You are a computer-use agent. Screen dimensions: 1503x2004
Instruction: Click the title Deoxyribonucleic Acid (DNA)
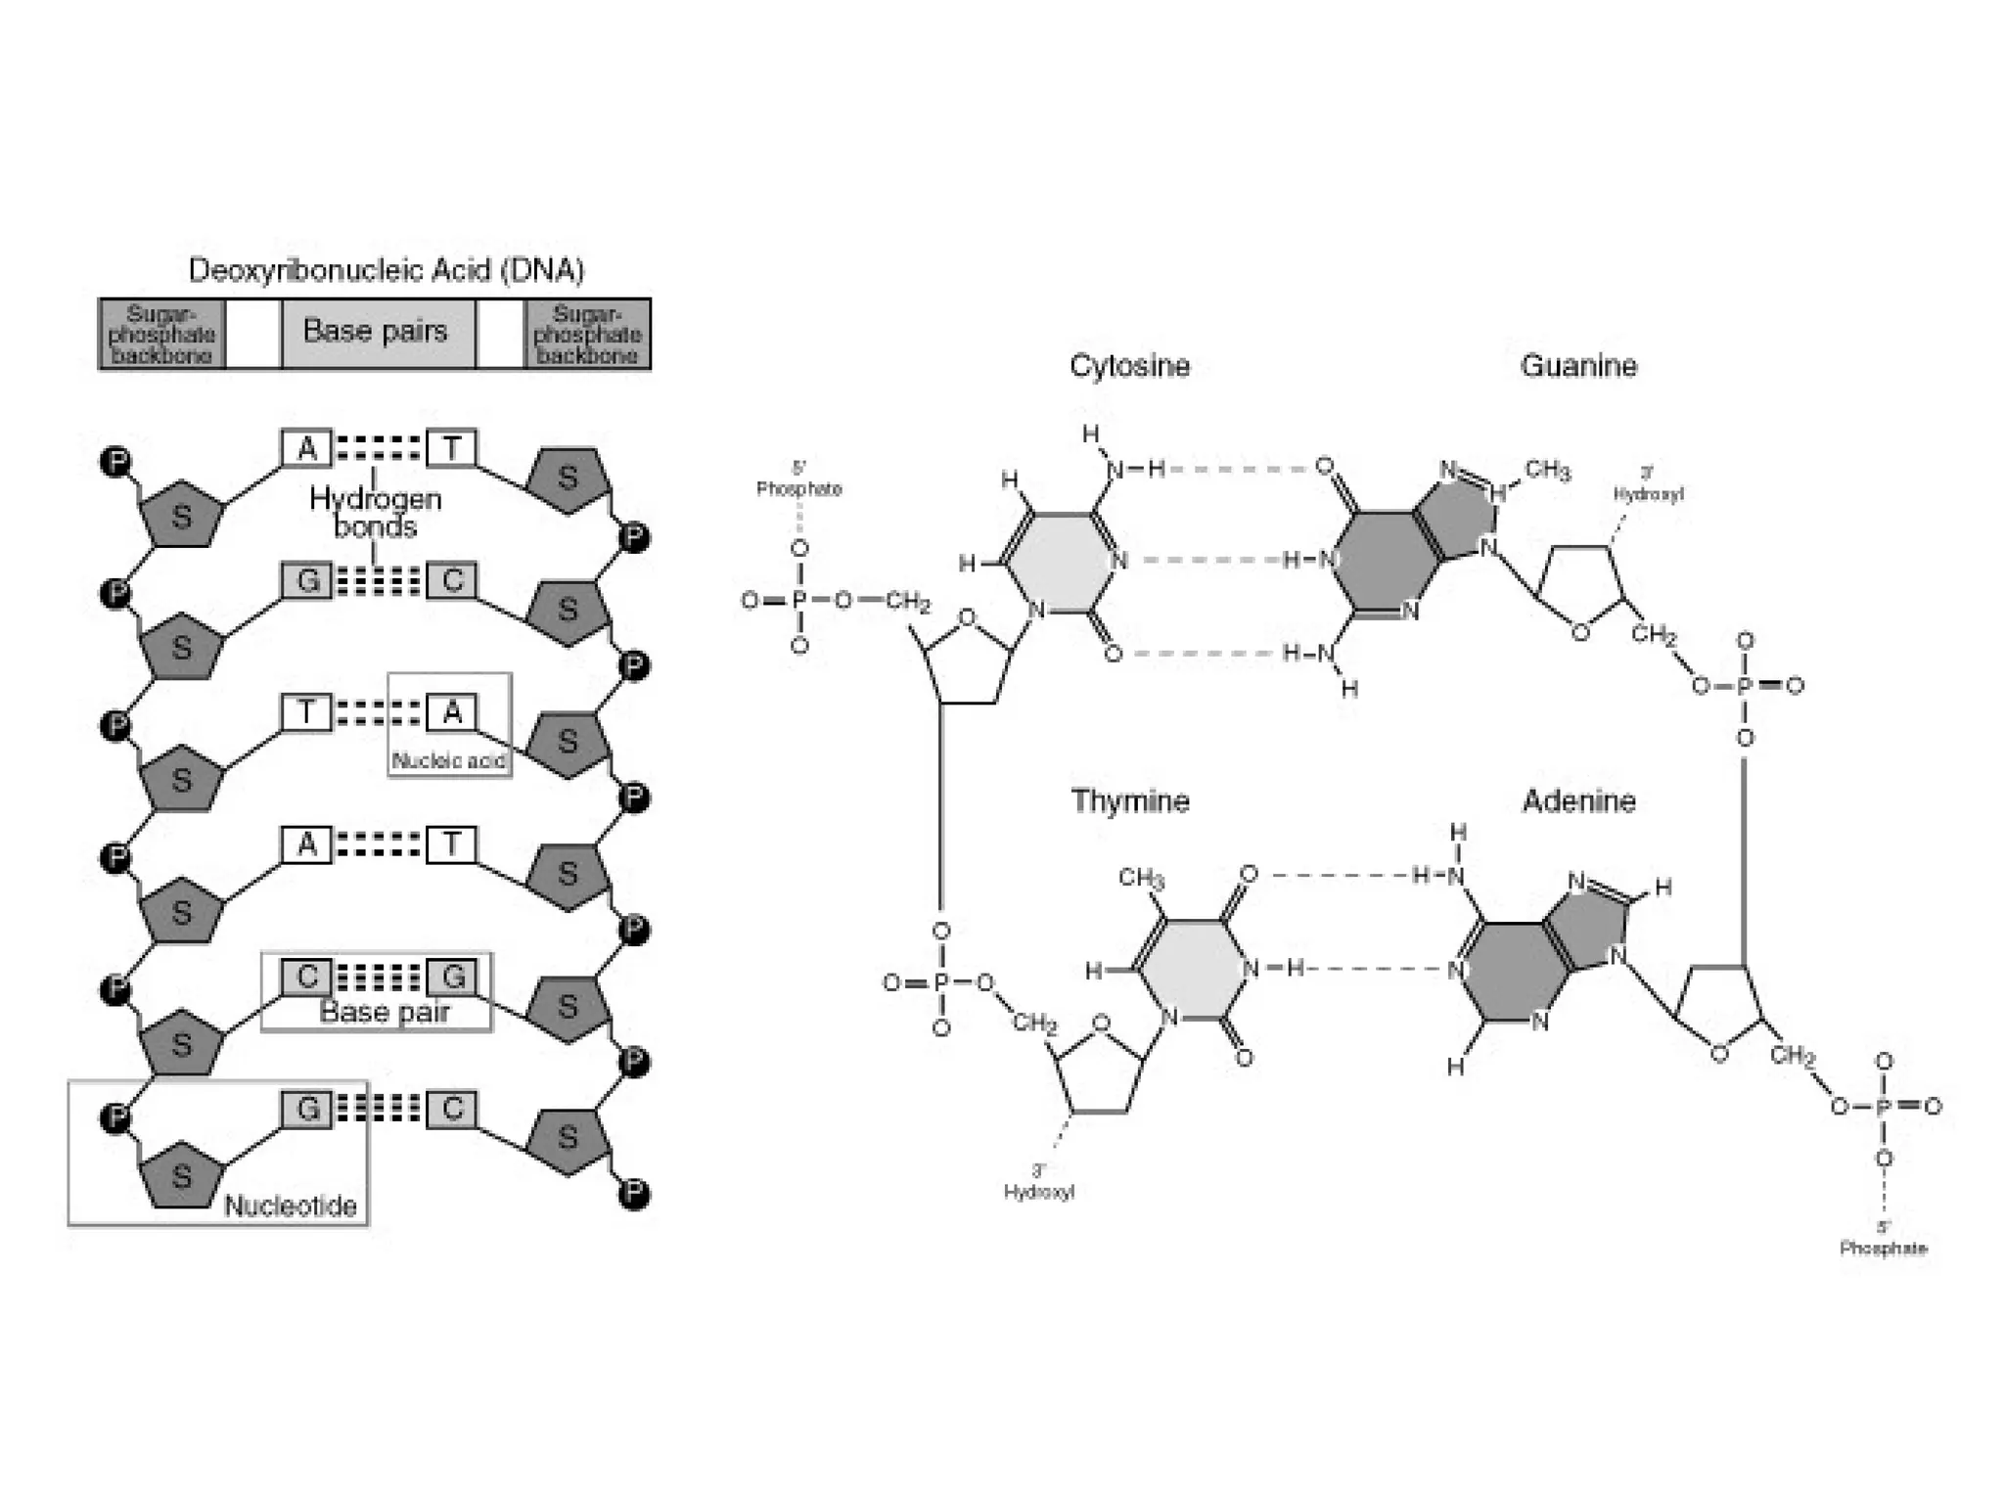click(x=386, y=270)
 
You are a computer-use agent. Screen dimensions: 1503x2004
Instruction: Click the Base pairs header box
click(x=376, y=332)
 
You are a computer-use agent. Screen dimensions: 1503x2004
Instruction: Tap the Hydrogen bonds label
click(x=375, y=513)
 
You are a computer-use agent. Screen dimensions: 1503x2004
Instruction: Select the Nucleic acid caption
click(x=448, y=760)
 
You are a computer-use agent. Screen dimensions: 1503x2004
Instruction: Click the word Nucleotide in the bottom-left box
click(x=291, y=1206)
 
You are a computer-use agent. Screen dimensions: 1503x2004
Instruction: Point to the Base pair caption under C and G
click(x=385, y=1012)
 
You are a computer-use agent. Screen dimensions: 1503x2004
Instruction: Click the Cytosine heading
click(x=1129, y=366)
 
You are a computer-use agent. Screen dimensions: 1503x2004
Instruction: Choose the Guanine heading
click(x=1578, y=366)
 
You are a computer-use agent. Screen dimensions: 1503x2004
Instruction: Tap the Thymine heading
click(x=1130, y=801)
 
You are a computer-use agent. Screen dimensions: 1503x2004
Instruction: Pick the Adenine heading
click(x=1578, y=801)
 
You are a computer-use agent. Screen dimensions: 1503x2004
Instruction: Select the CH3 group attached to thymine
click(x=1141, y=878)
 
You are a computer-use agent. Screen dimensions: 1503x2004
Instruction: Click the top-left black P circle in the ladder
click(x=116, y=462)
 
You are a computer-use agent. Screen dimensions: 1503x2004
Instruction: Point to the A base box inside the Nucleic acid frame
click(x=452, y=712)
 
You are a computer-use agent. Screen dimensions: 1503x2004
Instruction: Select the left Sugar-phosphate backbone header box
click(x=161, y=335)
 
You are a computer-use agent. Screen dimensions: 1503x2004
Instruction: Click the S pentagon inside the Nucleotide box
click(x=182, y=1175)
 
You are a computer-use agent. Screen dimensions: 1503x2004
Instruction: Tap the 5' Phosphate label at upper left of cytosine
click(x=798, y=479)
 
